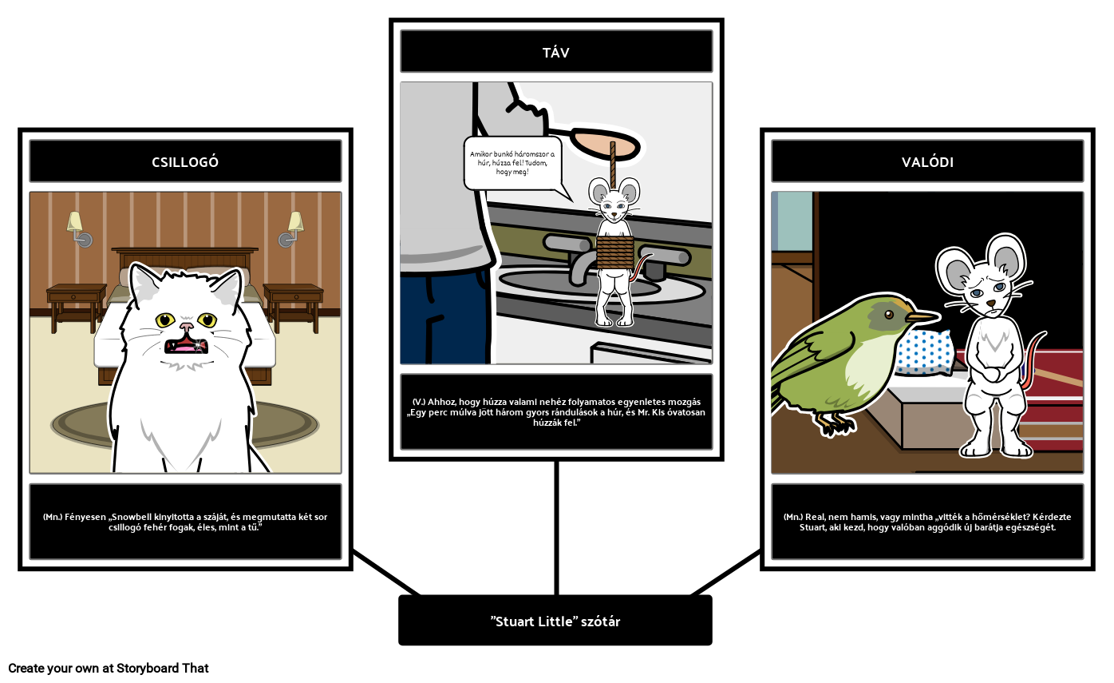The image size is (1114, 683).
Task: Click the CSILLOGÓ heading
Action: (185, 162)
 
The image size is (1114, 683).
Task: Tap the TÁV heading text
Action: (556, 52)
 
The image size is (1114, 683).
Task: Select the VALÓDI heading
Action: (927, 162)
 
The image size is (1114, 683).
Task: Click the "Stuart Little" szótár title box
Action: (555, 620)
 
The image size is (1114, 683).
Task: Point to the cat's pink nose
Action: (187, 327)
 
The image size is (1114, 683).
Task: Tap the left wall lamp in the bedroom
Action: (78, 228)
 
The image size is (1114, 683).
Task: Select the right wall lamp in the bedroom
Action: (291, 228)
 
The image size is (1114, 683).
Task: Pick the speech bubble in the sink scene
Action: (513, 165)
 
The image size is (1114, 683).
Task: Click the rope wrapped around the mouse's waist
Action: (615, 252)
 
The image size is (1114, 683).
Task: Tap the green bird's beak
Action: (922, 316)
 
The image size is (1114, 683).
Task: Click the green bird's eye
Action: (889, 314)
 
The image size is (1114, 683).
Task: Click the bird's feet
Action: (835, 423)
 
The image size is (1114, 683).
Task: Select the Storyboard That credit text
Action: (109, 668)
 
